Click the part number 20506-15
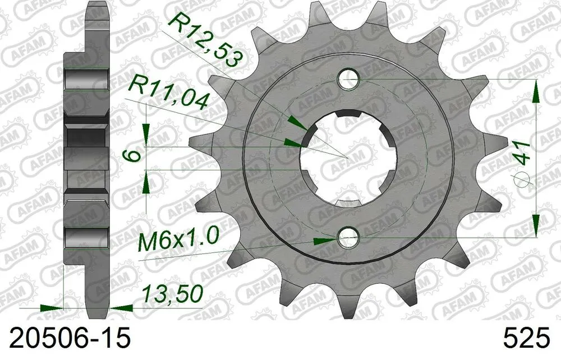coord(66,339)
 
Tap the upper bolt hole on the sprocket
coord(348,80)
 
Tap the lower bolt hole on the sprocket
coord(348,239)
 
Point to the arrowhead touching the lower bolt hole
coord(326,241)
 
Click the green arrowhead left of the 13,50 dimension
coord(53,308)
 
